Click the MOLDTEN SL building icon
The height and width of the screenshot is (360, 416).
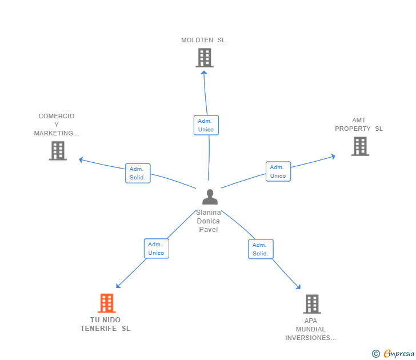point(205,58)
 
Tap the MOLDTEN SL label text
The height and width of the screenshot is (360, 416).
point(203,40)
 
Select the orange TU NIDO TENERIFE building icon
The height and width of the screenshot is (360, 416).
point(107,303)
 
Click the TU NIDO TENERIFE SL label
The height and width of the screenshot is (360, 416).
point(105,324)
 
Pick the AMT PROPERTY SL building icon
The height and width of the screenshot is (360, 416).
point(360,146)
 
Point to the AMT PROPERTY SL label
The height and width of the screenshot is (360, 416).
point(359,125)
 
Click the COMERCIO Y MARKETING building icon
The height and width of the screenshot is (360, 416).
point(58,151)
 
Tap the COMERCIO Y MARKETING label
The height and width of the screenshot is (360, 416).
point(57,125)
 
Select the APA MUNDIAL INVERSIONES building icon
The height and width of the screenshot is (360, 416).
point(312,304)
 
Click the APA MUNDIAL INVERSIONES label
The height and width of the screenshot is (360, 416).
point(311,329)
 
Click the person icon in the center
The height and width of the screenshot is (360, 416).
point(210,197)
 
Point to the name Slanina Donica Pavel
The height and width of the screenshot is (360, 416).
point(209,221)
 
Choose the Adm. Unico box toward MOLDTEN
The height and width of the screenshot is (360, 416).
point(206,125)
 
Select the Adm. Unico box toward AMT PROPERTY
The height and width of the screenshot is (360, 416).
point(278,171)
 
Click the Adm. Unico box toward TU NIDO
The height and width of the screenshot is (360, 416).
point(157,249)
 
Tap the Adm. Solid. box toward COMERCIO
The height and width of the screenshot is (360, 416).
point(138,173)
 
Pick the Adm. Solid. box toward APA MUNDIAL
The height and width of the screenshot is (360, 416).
point(261,249)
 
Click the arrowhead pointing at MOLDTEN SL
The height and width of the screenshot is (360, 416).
point(204,73)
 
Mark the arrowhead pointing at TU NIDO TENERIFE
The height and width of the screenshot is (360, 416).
point(118,286)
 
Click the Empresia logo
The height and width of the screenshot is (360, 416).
point(393,354)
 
